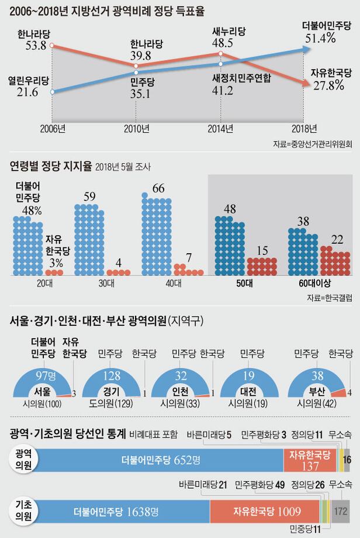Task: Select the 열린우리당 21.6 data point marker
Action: click(53, 92)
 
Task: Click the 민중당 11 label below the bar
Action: click(305, 529)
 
